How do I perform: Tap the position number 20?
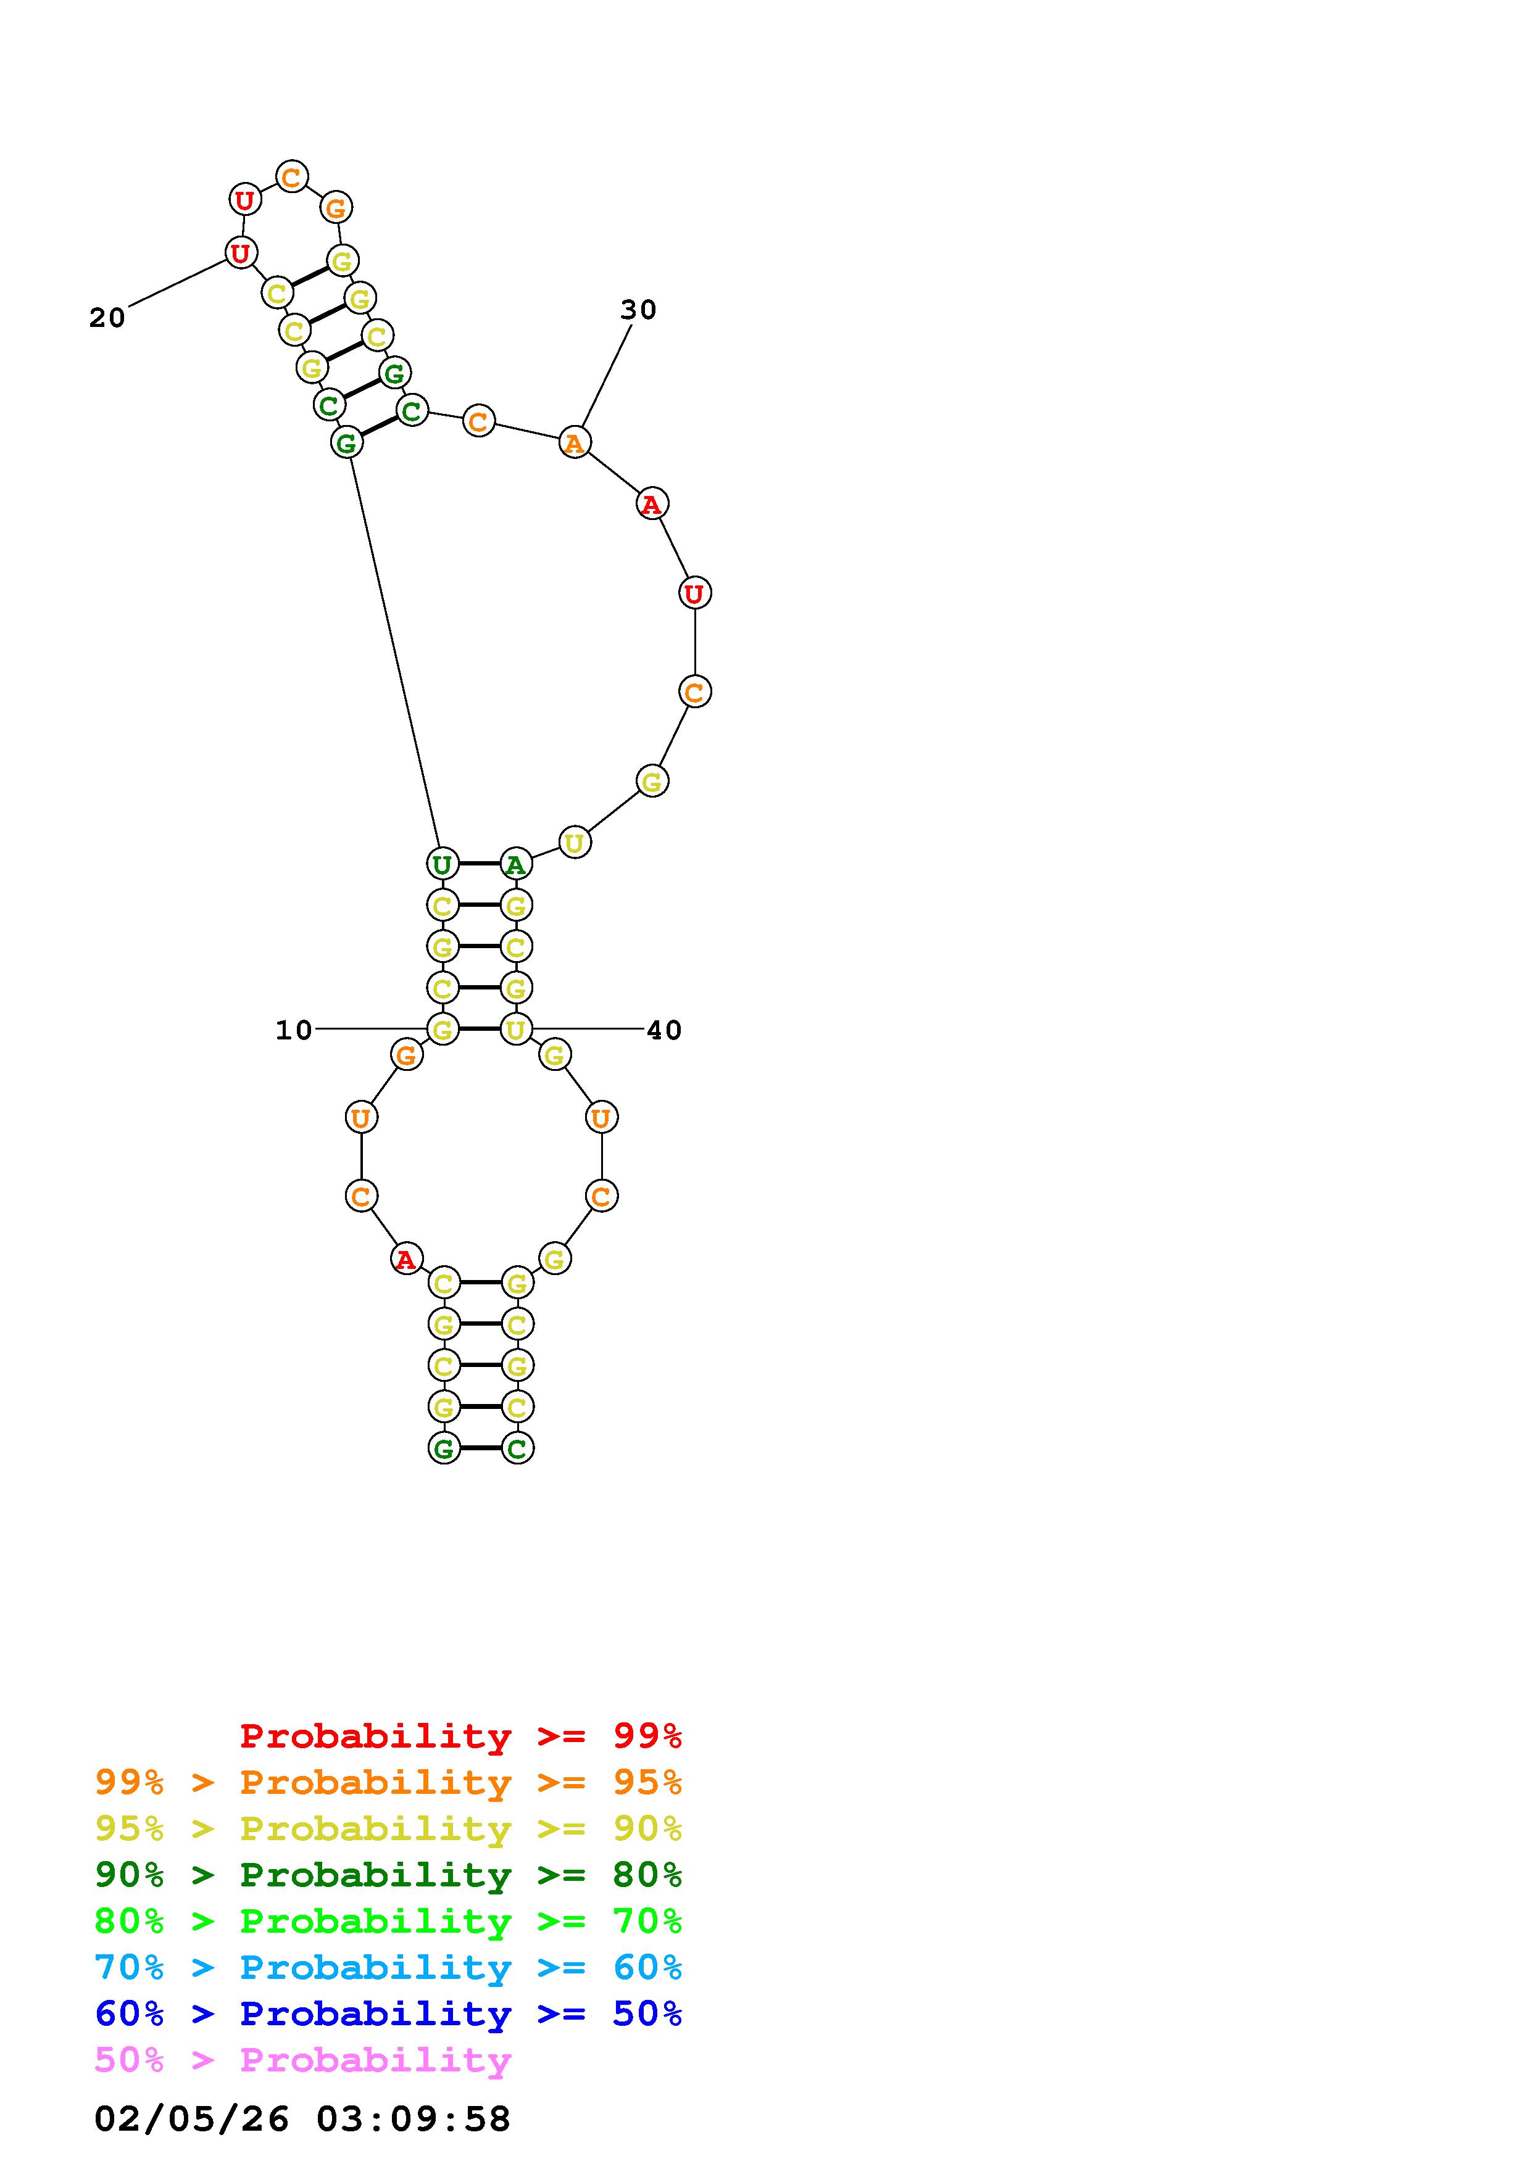[107, 318]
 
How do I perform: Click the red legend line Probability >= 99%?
[461, 1735]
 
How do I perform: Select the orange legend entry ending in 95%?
[388, 1782]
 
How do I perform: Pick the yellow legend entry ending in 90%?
[388, 1828]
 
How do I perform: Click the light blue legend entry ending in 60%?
[388, 1967]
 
